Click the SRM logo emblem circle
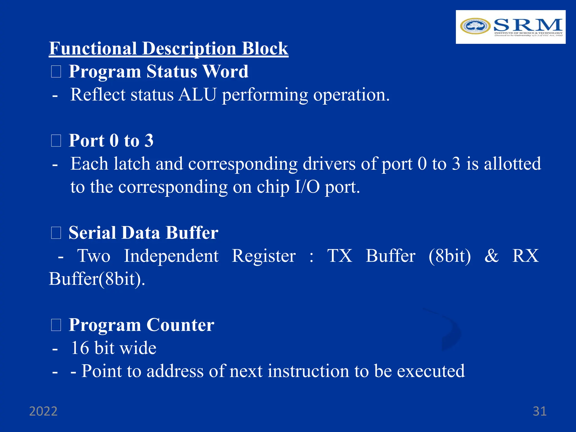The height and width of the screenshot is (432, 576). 475,26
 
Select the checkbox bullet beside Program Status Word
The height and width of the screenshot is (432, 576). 56,71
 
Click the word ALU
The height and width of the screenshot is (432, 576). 197,94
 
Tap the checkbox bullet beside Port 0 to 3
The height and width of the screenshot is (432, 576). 56,141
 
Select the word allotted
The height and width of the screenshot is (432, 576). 512,164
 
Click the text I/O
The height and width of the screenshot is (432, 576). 307,187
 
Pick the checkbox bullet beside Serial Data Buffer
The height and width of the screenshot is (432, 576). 56,233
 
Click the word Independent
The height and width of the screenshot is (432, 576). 171,256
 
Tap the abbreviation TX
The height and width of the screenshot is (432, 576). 340,256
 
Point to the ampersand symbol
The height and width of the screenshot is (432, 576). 492,256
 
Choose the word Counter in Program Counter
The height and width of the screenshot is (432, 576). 180,325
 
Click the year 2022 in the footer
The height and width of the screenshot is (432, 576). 43,411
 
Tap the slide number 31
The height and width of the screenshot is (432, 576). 540,411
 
